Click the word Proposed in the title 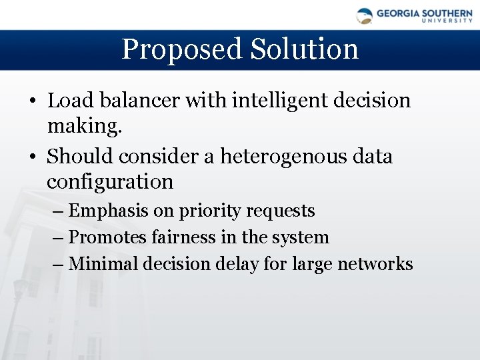(x=181, y=49)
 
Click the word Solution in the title (x=305, y=49)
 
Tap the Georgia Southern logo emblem (x=365, y=15)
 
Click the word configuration (x=109, y=181)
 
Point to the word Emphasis (x=109, y=211)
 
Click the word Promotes (x=110, y=237)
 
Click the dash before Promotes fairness (x=57, y=238)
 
